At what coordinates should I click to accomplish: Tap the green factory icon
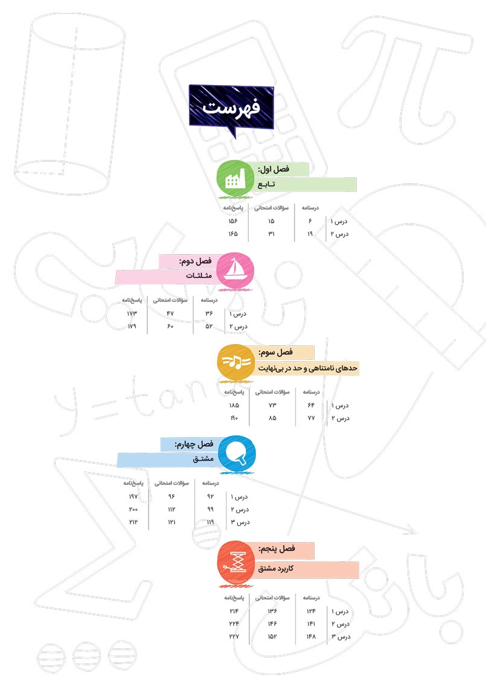point(235,179)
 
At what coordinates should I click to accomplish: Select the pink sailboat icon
point(235,270)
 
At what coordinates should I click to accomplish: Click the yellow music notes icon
point(235,362)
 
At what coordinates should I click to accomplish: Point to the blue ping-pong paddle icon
point(237,454)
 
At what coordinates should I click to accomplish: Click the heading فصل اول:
point(273,169)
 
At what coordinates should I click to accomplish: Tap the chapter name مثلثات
point(199,276)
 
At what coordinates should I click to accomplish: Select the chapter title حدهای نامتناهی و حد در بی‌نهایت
point(308,368)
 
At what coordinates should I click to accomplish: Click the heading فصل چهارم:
point(194,444)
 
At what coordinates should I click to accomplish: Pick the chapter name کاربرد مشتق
point(276,568)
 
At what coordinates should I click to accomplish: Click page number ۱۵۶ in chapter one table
point(232,222)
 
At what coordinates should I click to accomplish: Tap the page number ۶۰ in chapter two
point(170,327)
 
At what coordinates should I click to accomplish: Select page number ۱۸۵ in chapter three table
point(234,405)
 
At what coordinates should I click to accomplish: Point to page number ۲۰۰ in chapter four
point(133,509)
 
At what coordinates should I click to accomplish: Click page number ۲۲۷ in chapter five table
point(234,636)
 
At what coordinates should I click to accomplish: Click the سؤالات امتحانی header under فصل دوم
point(170,300)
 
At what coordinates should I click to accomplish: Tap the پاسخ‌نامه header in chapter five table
point(234,598)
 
